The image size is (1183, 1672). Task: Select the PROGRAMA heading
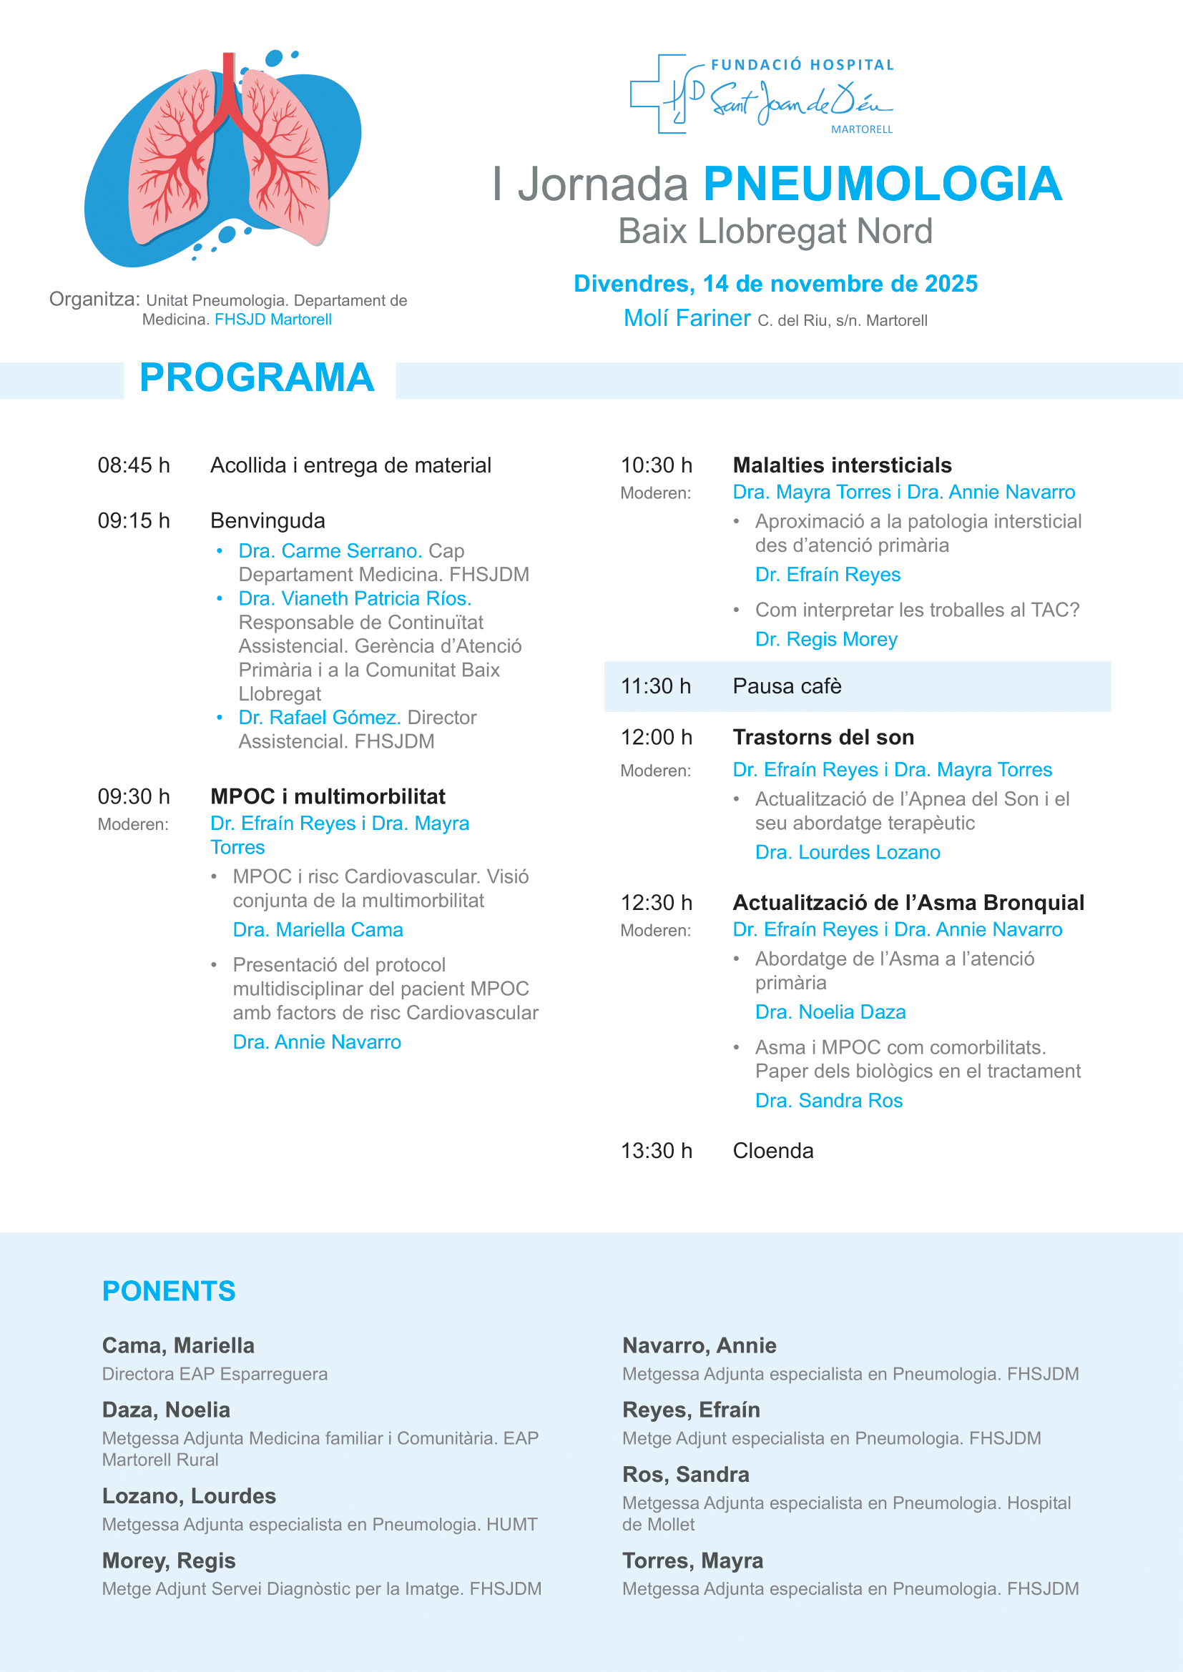257,378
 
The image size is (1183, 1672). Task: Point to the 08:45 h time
134,465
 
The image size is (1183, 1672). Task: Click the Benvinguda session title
267,520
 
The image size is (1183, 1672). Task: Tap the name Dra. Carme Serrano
330,550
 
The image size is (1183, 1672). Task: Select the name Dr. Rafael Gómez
320,717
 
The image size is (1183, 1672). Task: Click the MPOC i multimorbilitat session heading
328,796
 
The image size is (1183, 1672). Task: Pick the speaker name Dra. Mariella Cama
318,930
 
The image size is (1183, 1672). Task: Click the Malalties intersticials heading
842,465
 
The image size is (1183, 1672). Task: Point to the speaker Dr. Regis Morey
826,639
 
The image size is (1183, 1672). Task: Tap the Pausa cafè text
787,686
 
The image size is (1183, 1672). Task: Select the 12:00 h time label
657,738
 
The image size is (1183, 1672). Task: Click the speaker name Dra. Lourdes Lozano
847,853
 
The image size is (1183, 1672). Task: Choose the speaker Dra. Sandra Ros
829,1100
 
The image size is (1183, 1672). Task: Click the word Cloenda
773,1151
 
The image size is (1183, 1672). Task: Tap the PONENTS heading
169,1291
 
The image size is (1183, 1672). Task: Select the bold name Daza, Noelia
166,1410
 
